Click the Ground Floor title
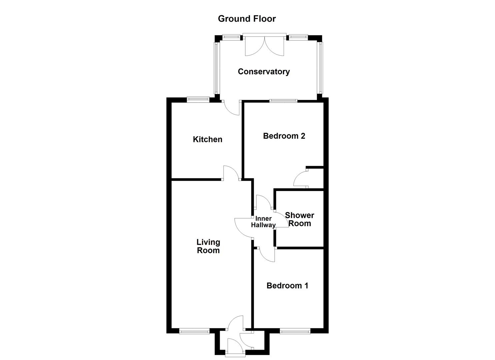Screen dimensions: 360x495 tap(247, 19)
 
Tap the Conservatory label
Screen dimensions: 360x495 tap(264, 72)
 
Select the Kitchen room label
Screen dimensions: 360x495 tap(207, 139)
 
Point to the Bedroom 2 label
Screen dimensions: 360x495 tap(284, 136)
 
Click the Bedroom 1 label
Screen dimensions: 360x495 tap(287, 286)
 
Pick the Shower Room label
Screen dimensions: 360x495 tap(299, 219)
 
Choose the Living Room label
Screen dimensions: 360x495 tap(208, 246)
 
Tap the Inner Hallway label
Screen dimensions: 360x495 tap(263, 222)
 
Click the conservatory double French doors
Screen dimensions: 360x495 tap(264, 46)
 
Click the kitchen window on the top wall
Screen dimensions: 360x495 tap(198, 99)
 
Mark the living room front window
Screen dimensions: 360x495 tap(194, 331)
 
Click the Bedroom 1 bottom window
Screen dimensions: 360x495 tap(295, 331)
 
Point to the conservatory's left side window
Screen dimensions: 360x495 tap(216, 68)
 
